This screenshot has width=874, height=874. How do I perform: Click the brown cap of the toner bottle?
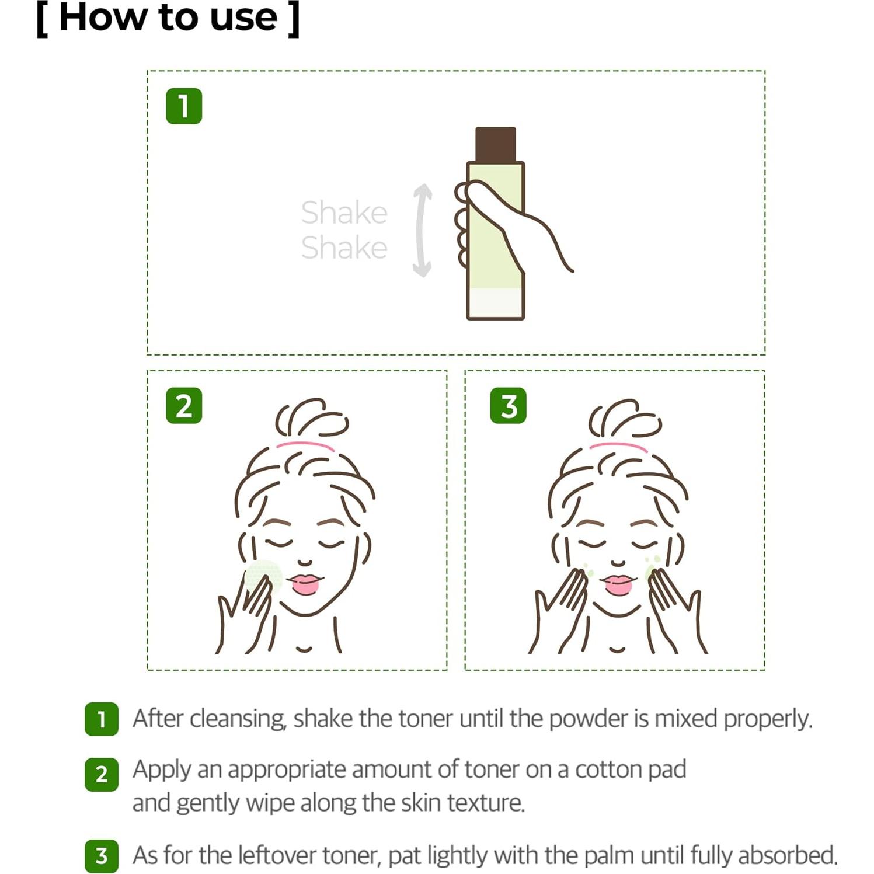point(495,144)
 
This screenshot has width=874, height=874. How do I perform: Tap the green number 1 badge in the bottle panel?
point(184,106)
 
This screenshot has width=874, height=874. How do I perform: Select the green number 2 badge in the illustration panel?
point(184,405)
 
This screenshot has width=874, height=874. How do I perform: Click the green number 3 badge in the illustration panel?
point(508,405)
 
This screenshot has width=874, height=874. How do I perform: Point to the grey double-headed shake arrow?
point(422,230)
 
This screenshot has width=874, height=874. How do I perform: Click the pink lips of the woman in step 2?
point(304,583)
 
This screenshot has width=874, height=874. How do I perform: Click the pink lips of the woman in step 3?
point(618,583)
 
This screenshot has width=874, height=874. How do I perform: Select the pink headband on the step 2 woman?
point(305,446)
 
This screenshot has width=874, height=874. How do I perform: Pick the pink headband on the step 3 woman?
point(619,446)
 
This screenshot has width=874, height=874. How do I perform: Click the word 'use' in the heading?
point(243,18)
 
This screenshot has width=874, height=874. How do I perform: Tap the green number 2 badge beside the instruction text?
point(102,774)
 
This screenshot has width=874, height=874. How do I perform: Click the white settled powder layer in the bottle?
point(495,303)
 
